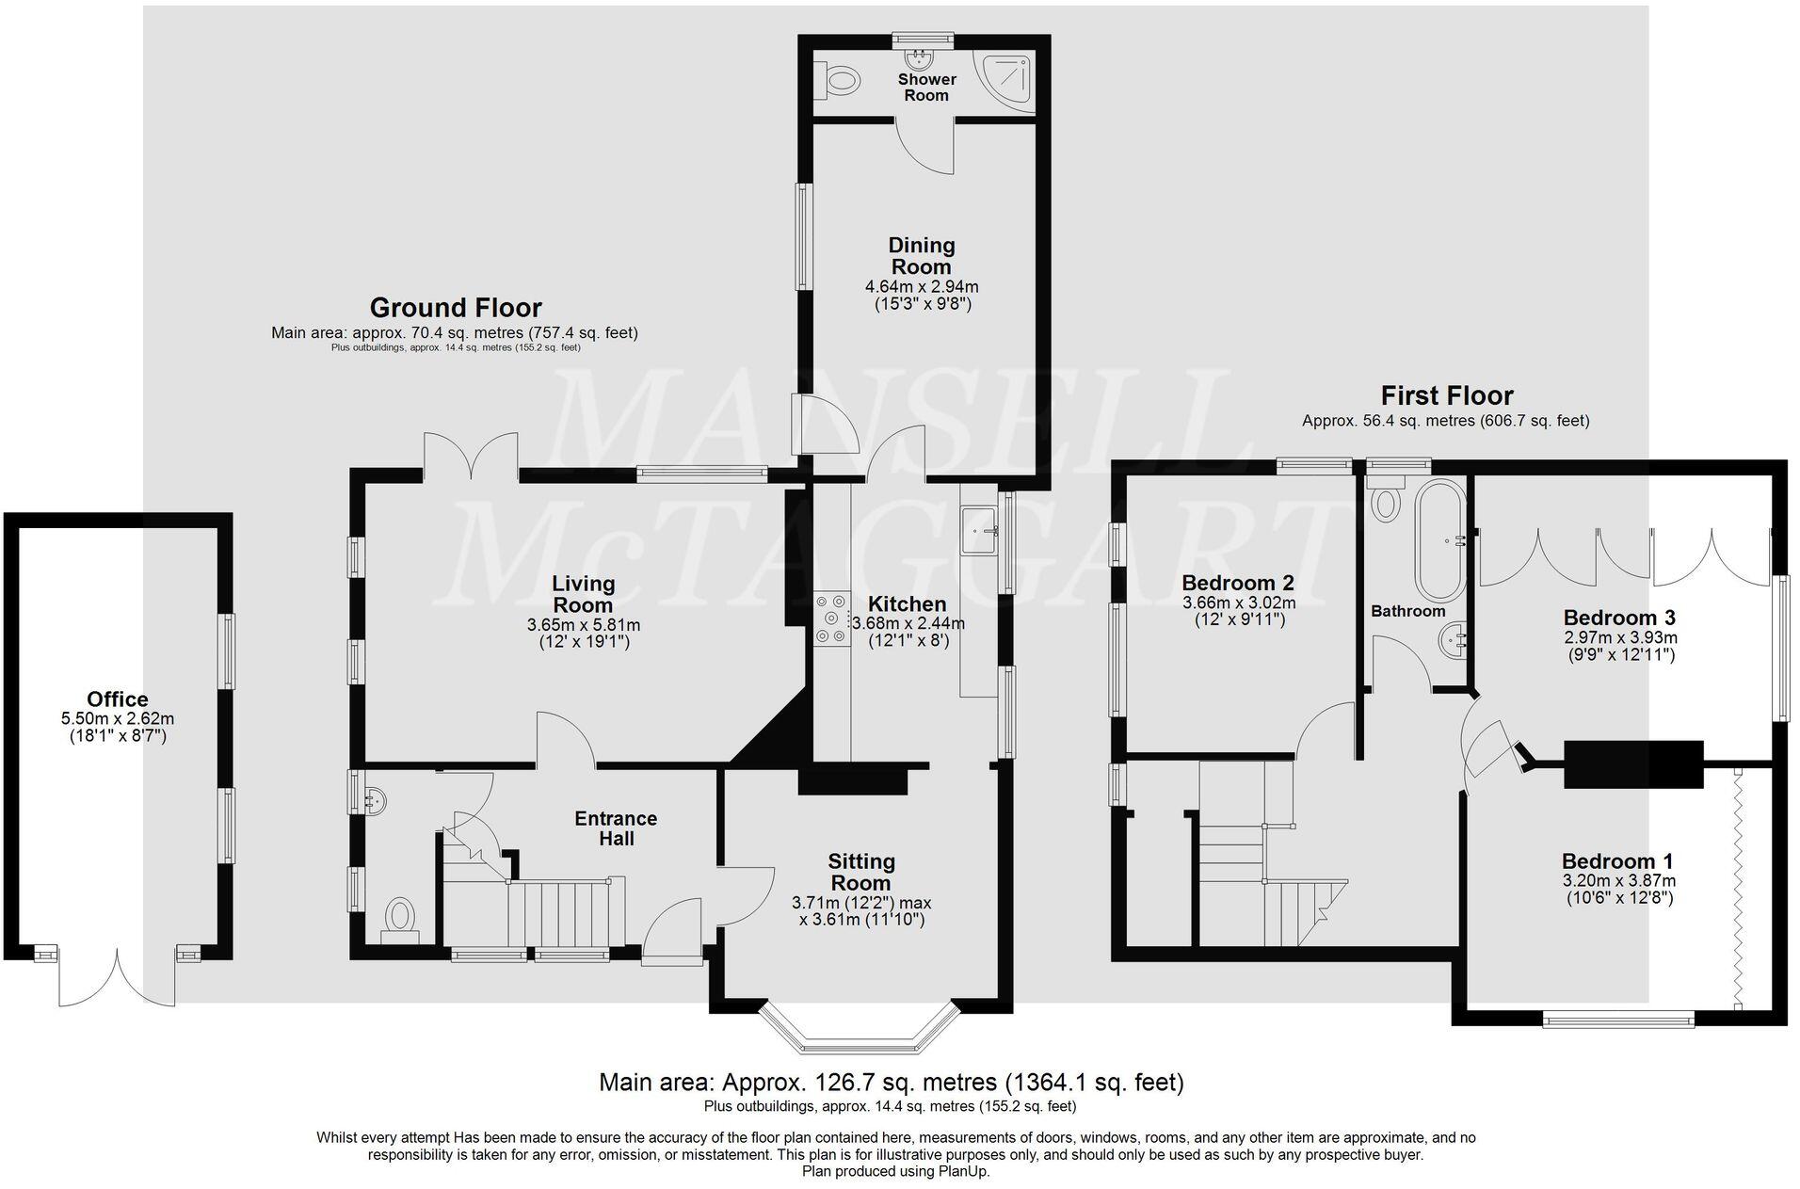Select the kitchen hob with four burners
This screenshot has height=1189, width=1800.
[831, 619]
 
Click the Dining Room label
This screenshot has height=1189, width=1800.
[922, 256]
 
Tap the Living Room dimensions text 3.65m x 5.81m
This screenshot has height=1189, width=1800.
[584, 625]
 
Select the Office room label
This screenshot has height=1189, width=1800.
[118, 699]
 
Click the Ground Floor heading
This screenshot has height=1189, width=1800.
[456, 308]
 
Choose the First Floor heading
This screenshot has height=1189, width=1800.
[1446, 395]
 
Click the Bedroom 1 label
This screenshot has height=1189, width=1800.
[1617, 861]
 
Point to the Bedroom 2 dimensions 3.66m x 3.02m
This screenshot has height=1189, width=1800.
[1238, 603]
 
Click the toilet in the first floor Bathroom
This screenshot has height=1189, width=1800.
[1385, 502]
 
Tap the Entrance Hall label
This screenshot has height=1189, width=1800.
[616, 828]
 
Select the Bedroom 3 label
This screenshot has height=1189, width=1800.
[1618, 619]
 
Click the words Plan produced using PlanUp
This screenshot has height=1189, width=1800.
[895, 1172]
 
